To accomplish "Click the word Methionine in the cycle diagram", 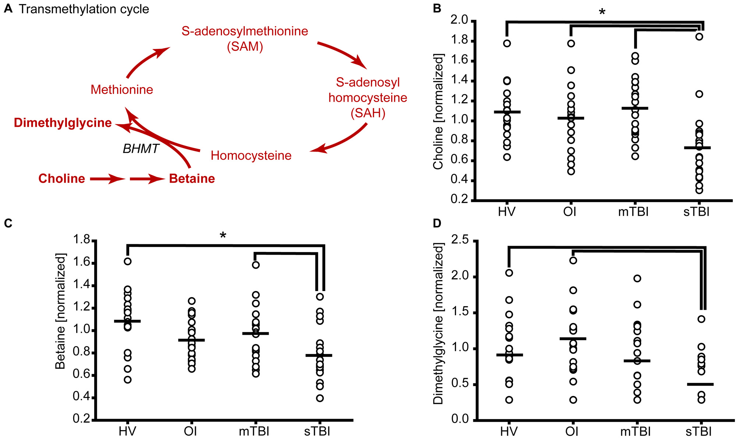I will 122,90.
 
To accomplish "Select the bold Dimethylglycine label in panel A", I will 63,123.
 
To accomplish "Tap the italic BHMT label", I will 141,149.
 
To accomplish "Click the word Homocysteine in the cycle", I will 251,156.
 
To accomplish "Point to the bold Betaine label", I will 192,179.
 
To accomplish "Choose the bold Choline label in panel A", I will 61,179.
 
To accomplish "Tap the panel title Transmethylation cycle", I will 84,9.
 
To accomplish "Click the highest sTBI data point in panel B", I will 699,37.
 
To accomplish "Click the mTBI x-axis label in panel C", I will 254,431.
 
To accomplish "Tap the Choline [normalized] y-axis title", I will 438,111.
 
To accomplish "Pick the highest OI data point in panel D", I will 573,260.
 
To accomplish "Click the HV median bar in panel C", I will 127,321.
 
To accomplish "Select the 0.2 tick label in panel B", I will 459,199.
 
